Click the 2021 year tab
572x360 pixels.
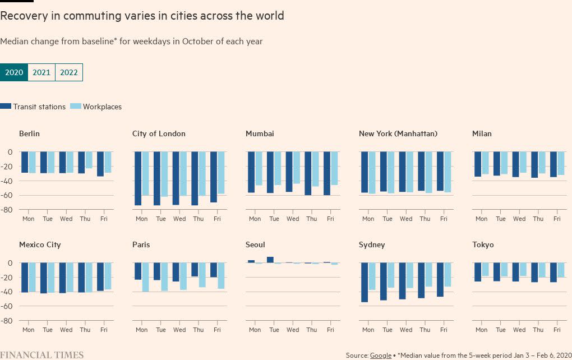click(x=41, y=72)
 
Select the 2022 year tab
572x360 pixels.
click(x=69, y=72)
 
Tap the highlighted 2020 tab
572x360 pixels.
click(x=14, y=72)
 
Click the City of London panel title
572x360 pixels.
click(x=159, y=133)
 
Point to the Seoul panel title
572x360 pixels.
click(x=255, y=244)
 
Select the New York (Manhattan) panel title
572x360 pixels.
click(x=398, y=133)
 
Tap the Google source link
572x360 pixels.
click(x=380, y=356)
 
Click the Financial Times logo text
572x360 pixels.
click(x=42, y=355)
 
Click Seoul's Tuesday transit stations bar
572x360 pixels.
click(x=270, y=260)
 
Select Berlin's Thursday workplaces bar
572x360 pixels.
click(x=89, y=160)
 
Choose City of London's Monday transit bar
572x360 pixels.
click(x=138, y=178)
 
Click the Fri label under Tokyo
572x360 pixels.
click(x=557, y=330)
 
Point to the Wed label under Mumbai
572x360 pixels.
click(x=293, y=219)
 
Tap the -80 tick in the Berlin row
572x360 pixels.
click(x=7, y=210)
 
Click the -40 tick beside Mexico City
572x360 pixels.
click(x=7, y=292)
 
